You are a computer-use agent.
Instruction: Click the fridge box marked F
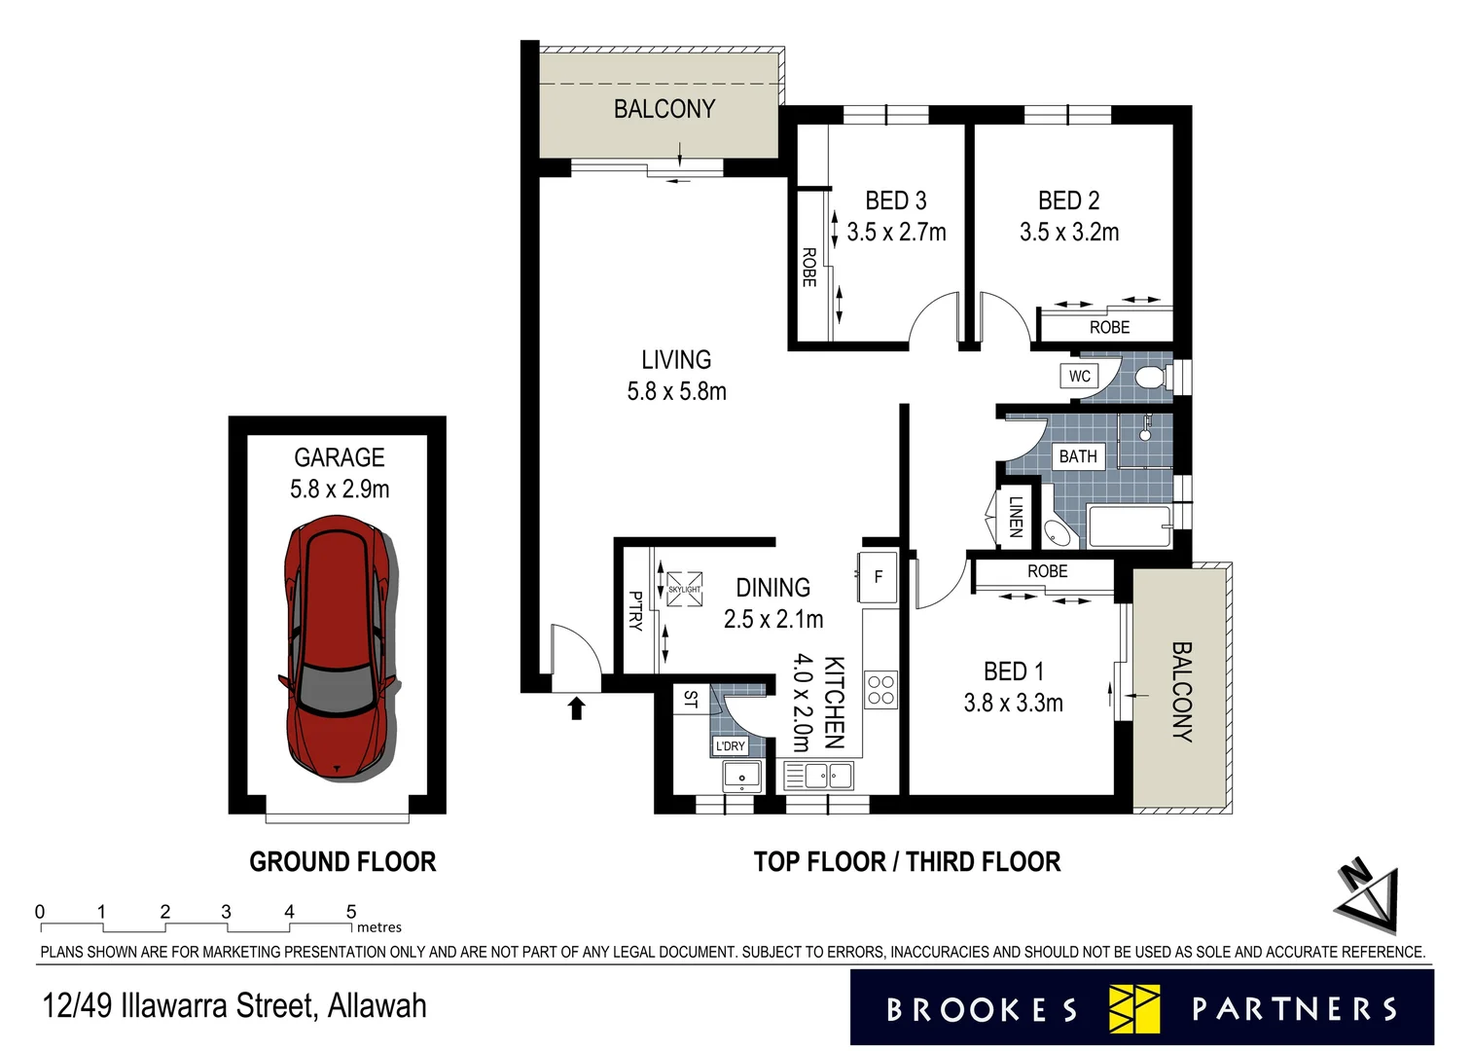coord(878,576)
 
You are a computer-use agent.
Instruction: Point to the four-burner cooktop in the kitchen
coord(880,690)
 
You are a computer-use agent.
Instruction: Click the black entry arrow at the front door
coord(576,707)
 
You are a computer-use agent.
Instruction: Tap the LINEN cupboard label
coord(1015,516)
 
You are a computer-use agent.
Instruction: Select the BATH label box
coord(1078,455)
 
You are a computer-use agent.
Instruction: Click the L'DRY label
coord(730,746)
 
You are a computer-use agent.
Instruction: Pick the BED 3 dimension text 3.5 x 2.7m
coord(896,233)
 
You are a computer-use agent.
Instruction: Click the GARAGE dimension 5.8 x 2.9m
coord(340,489)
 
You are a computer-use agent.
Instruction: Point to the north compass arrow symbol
coord(1368,896)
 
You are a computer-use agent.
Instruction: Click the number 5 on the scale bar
coord(351,912)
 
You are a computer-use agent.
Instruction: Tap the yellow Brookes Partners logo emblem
coord(1134,1008)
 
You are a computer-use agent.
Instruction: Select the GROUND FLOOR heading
coord(342,861)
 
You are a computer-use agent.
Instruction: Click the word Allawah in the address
coord(377,1005)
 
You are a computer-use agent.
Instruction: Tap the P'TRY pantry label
coord(635,610)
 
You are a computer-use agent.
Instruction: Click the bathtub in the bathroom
coord(1130,526)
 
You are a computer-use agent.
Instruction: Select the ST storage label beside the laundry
coord(691,699)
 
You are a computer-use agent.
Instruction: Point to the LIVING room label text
coord(676,360)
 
